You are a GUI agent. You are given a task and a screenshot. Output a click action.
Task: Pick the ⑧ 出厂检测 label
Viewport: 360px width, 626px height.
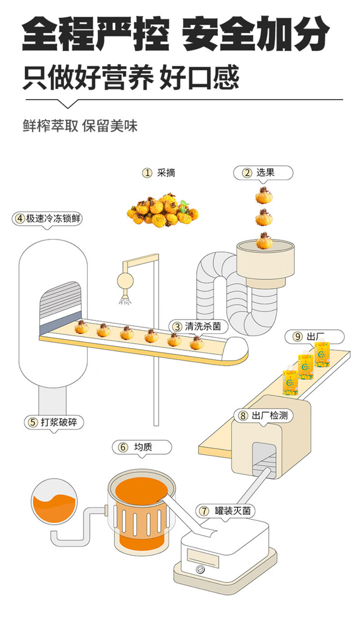pyautogui.click(x=263, y=416)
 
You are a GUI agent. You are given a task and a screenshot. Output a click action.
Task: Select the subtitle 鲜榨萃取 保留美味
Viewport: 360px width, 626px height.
pyautogui.click(x=80, y=126)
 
